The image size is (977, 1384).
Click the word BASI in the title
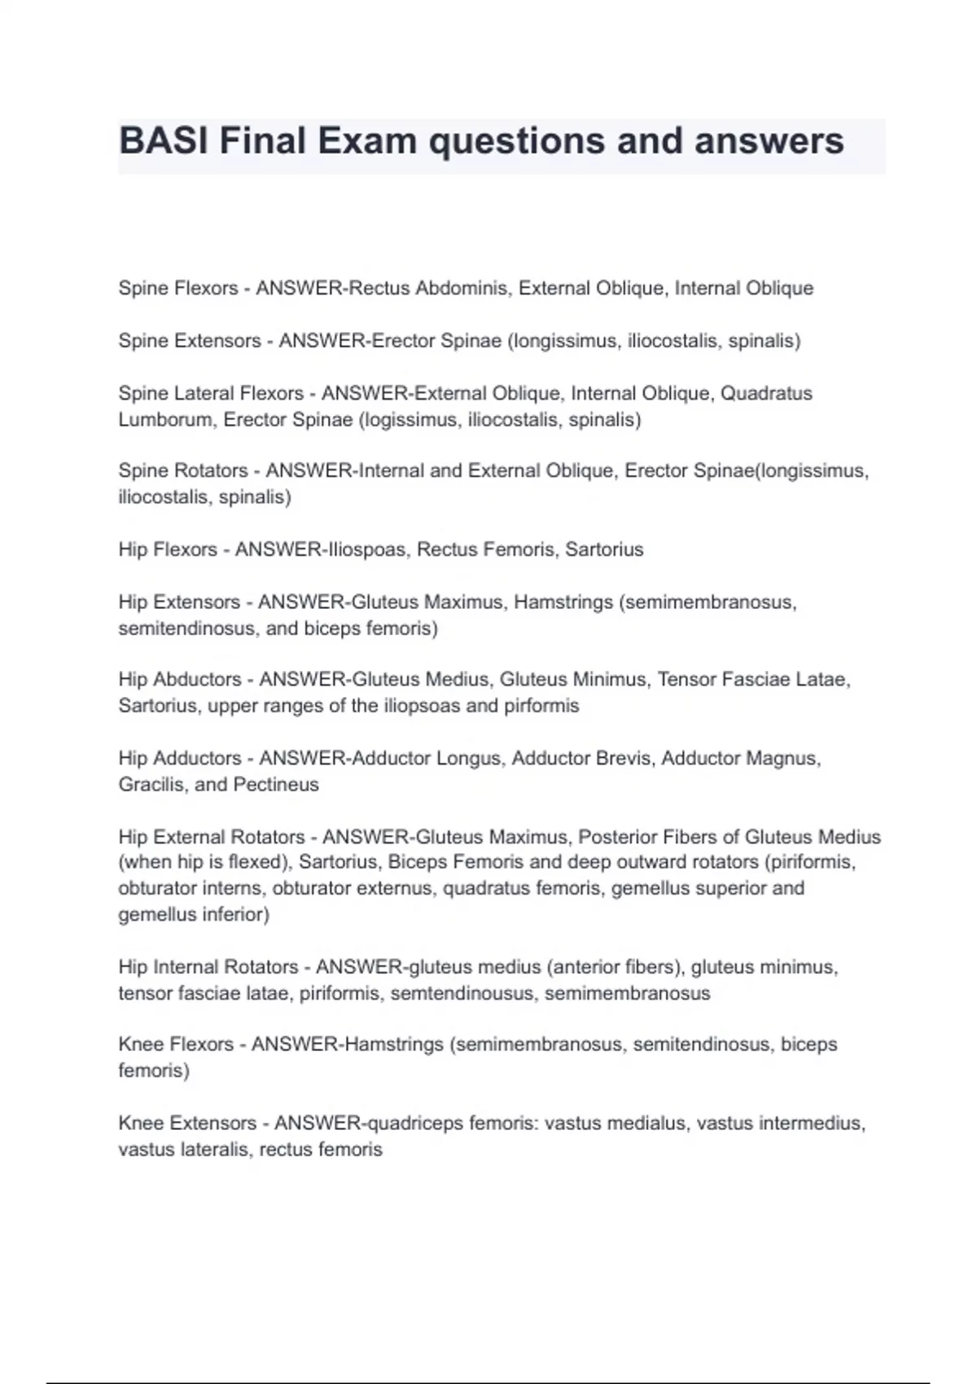pyautogui.click(x=164, y=141)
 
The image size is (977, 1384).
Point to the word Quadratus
pyautogui.click(x=767, y=393)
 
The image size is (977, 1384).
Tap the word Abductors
pyautogui.click(x=197, y=679)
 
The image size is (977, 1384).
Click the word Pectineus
pyautogui.click(x=276, y=785)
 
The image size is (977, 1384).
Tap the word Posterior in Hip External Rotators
pyautogui.click(x=615, y=837)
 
